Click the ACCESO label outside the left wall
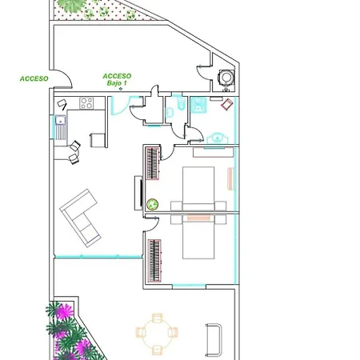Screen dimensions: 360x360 [34, 78]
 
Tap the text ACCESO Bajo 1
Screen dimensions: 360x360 [117, 79]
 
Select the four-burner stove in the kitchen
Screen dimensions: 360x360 [86, 103]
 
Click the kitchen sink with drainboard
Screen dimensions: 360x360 [61, 127]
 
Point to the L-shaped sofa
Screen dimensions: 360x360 [80, 218]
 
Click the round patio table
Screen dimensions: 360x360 [157, 334]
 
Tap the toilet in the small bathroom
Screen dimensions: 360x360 [182, 103]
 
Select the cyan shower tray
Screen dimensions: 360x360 [198, 105]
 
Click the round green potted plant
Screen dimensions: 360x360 [153, 205]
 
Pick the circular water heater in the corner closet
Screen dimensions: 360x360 [226, 78]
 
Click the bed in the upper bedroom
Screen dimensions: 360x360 [198, 189]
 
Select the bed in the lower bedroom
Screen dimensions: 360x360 [198, 237]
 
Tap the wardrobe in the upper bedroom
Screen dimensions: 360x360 [153, 163]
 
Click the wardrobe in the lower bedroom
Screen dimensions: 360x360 [154, 261]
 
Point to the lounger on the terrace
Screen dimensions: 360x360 [214, 340]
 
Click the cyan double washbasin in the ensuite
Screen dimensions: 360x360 [218, 138]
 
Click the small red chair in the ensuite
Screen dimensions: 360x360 [227, 104]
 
